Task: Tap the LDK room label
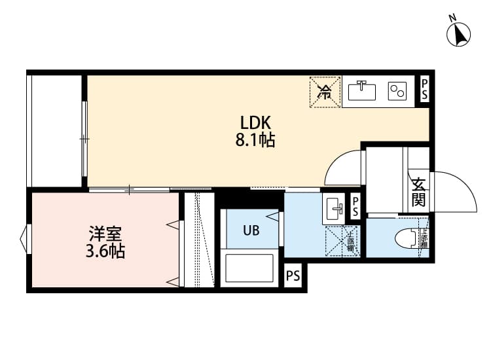coord(255,122)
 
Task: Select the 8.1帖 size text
coord(255,139)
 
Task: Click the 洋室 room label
coord(104,234)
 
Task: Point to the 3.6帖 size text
coord(104,251)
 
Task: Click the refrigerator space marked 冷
coord(325,91)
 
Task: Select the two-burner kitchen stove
coord(397,92)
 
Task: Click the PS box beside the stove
coord(424,90)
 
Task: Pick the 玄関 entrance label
coord(418,190)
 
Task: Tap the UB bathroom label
coord(251,230)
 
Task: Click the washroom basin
coord(334,210)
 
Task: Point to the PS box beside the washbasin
coord(355,208)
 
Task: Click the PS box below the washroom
coord(293,276)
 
